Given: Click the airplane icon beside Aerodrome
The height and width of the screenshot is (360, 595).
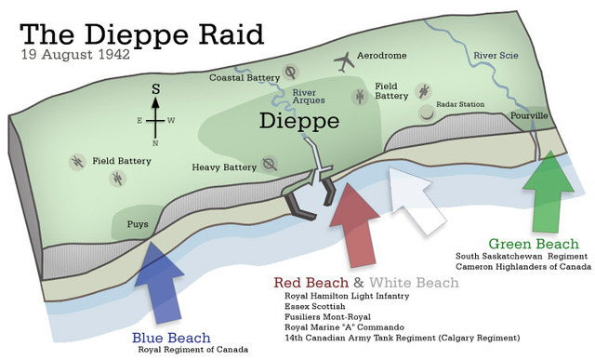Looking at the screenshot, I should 344,61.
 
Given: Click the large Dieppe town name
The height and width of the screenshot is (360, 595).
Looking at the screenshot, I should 299,121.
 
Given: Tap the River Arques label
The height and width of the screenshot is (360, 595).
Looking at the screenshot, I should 309,96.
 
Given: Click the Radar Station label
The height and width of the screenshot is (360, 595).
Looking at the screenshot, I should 462,104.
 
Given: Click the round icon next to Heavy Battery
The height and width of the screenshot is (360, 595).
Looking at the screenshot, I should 270,165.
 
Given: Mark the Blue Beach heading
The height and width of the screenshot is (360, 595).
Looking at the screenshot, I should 171,337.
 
